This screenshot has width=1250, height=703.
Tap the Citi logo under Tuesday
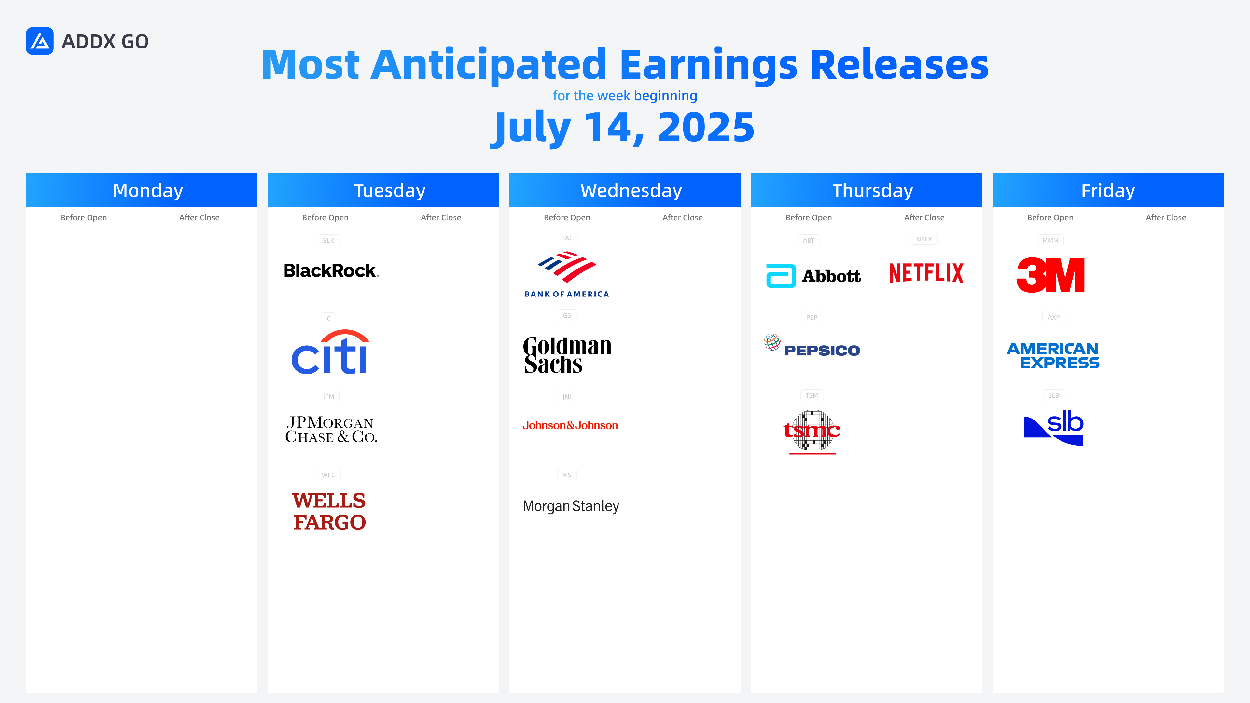point(330,352)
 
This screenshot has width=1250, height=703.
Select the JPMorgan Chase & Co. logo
point(331,429)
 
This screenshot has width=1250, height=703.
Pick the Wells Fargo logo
point(329,511)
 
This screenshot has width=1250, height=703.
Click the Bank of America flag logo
point(567,274)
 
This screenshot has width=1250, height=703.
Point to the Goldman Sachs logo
point(567,355)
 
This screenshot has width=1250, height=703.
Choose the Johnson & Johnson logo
point(570,425)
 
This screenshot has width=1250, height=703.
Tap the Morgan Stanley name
point(571,506)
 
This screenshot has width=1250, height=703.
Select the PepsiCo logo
point(812,346)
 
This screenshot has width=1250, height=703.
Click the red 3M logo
point(1050,275)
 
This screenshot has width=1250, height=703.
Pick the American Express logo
point(1053,356)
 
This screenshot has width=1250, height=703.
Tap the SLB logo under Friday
point(1053,427)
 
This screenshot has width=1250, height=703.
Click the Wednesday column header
point(625,190)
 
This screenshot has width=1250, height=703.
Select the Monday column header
point(142,190)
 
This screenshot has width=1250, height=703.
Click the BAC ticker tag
point(567,238)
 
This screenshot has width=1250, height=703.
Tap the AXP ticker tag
point(1053,317)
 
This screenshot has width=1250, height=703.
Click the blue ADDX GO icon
point(40,41)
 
